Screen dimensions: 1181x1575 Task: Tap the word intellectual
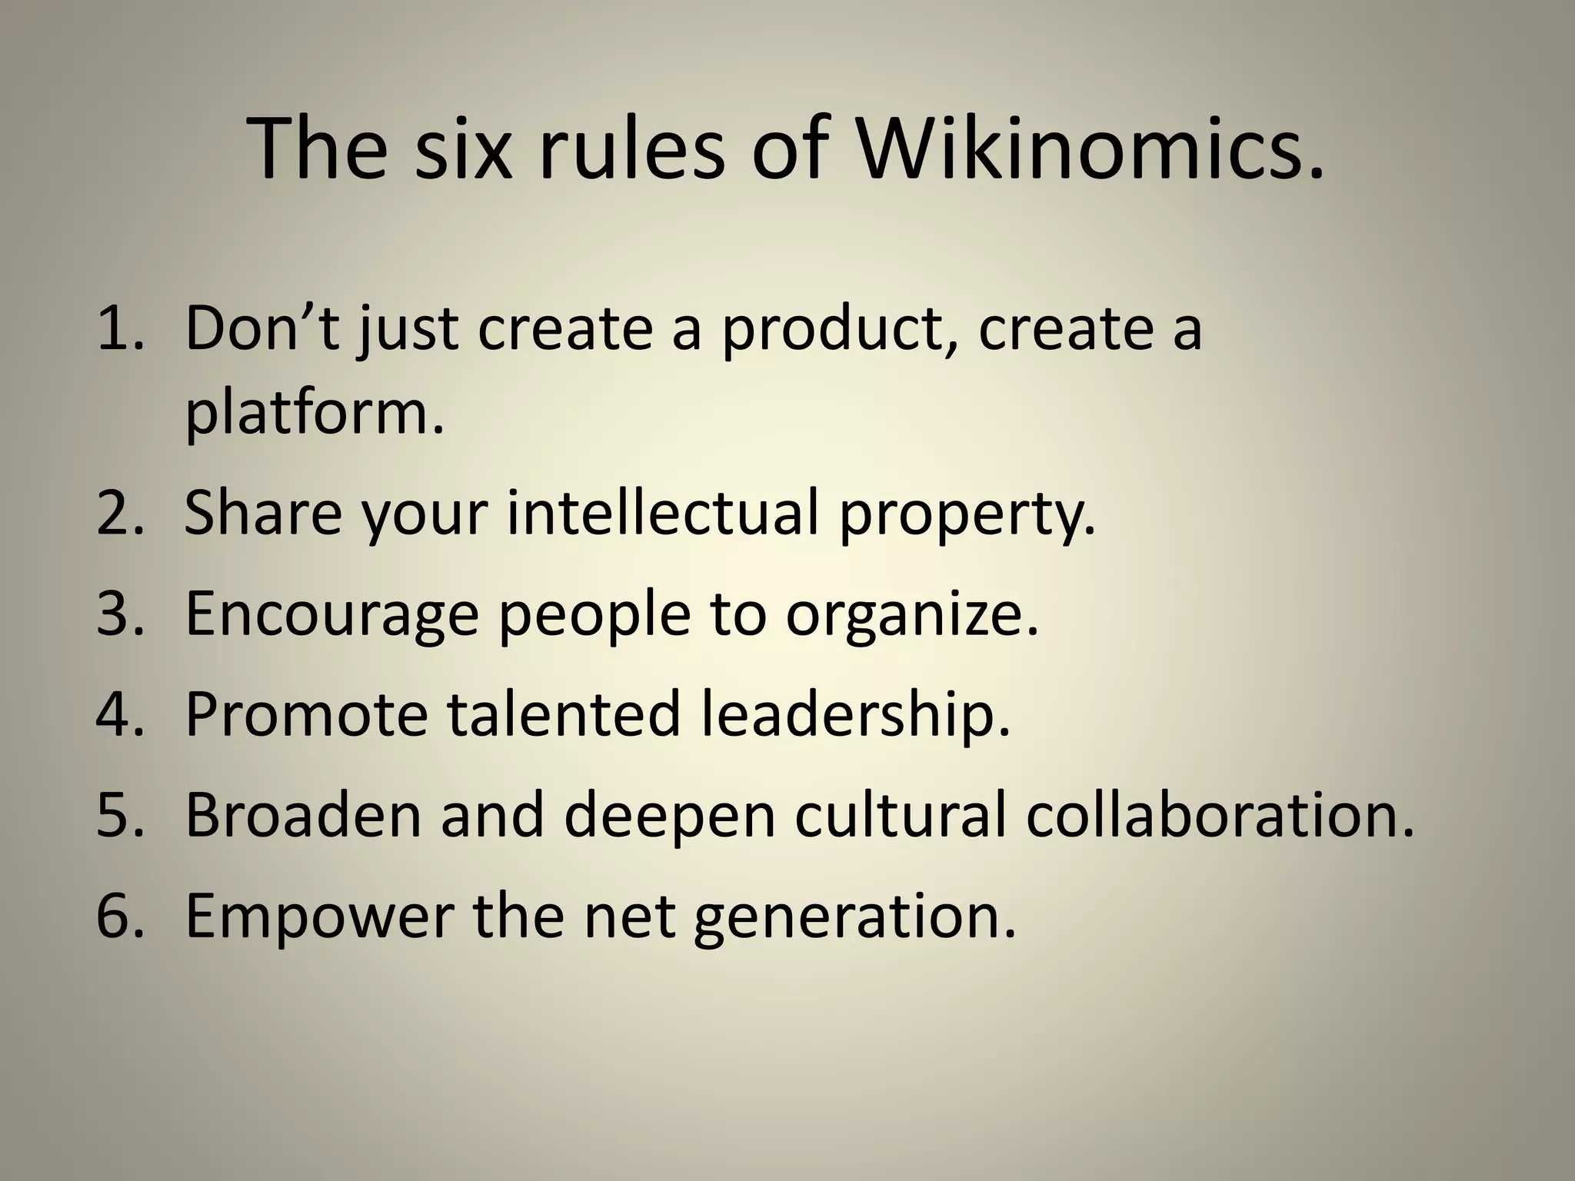pos(663,514)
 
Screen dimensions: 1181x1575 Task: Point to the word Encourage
pos(331,615)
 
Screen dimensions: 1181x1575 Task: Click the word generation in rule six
pos(854,917)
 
